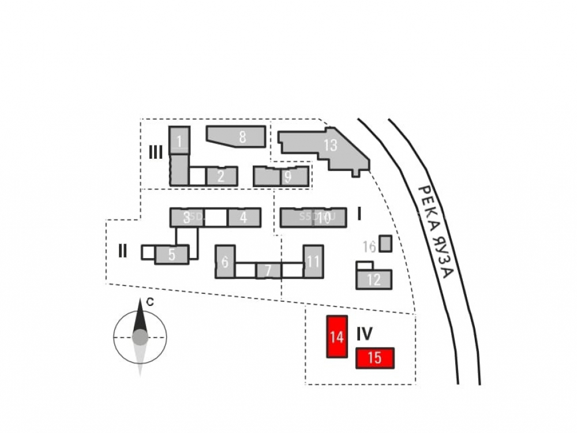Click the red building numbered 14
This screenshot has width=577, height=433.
[x=337, y=337]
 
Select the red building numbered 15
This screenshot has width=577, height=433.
[x=375, y=358]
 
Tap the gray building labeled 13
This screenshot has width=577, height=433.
[x=329, y=145]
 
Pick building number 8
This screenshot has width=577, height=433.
[x=242, y=137]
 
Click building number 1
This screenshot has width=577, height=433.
[x=179, y=141]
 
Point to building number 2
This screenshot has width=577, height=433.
[x=221, y=176]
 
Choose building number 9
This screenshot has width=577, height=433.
[x=287, y=176]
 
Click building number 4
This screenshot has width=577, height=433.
[x=243, y=218]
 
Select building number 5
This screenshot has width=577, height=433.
[x=171, y=254]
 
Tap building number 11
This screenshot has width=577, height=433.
[x=313, y=262]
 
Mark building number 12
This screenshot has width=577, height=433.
[x=374, y=280]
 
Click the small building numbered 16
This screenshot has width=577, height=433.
[x=385, y=243]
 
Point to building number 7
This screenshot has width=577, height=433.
[x=268, y=270]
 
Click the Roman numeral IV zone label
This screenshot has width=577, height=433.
[x=364, y=333]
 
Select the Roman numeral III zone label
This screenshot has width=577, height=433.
[x=156, y=152]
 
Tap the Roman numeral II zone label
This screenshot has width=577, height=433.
[x=122, y=251]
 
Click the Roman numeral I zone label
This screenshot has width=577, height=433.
[x=359, y=215]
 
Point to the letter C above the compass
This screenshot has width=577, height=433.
[x=149, y=301]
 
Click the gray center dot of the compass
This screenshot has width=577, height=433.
[x=140, y=336]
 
